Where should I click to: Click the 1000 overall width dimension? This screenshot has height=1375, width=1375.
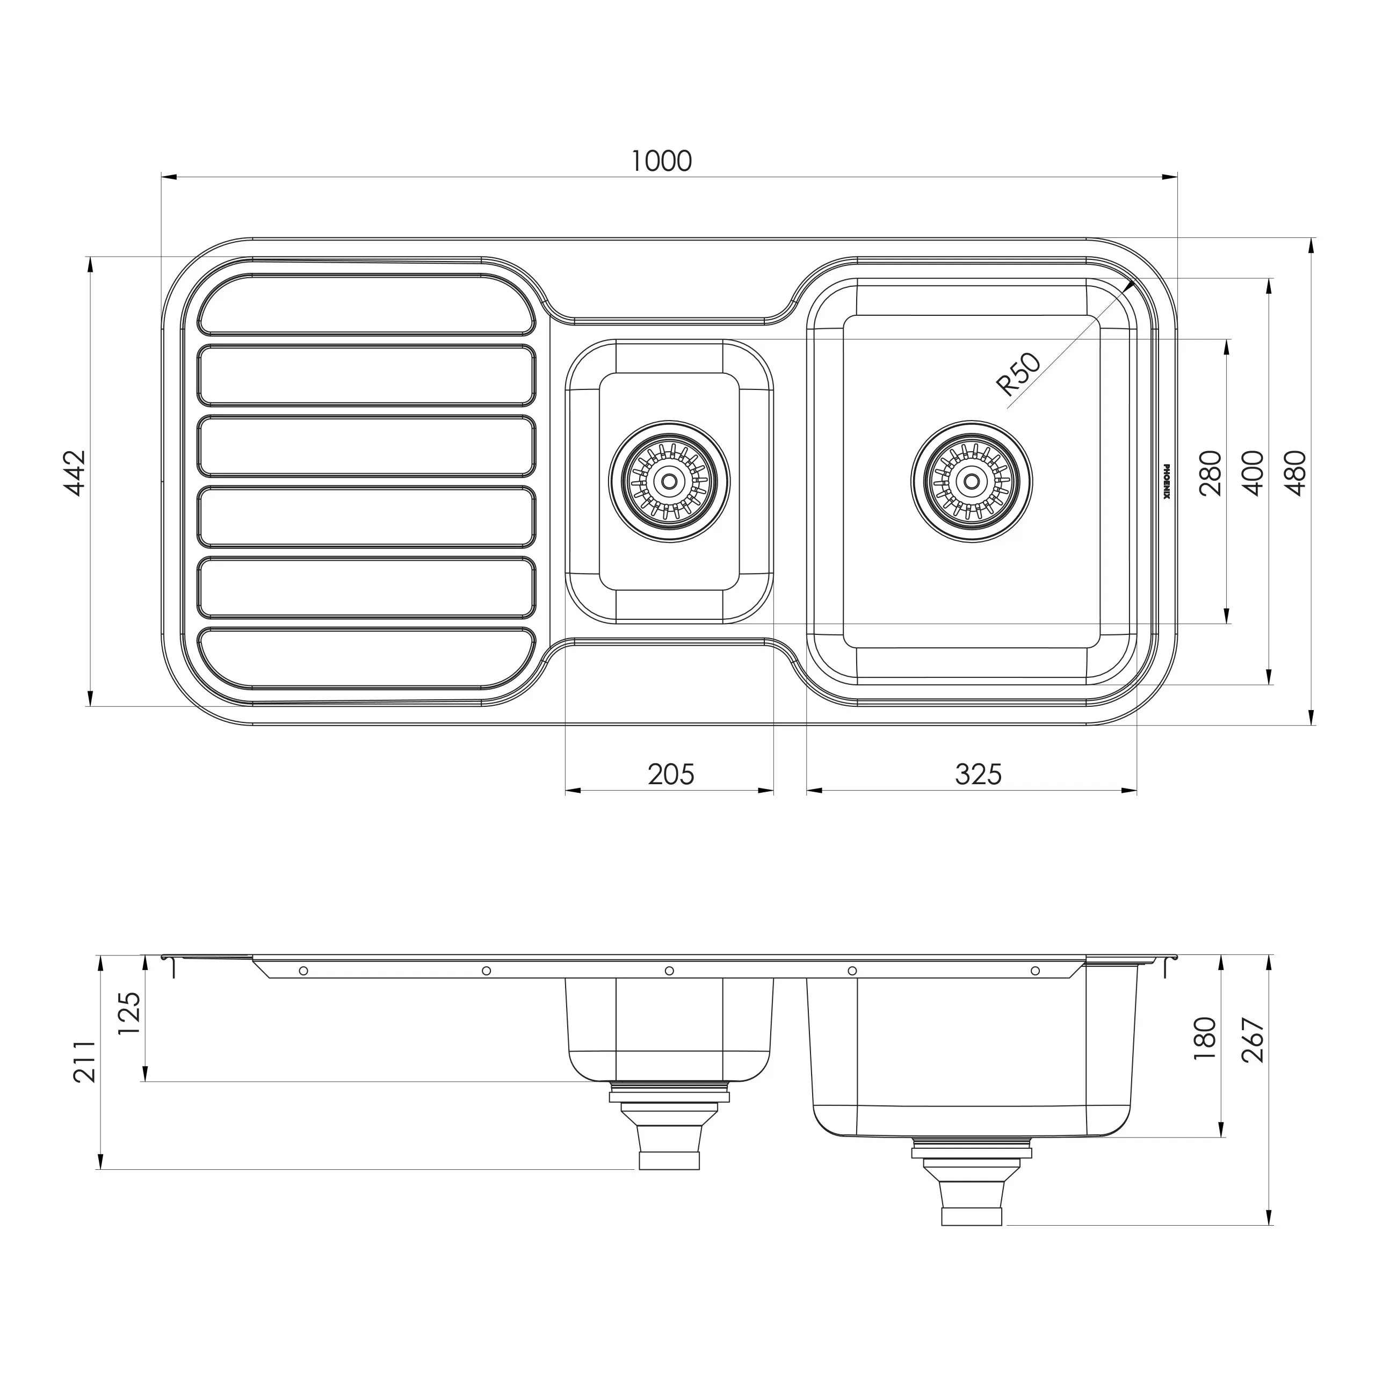pyautogui.click(x=661, y=162)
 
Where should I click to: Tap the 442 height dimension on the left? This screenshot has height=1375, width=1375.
pyautogui.click(x=75, y=473)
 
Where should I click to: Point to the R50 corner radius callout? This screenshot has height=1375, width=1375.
pyautogui.click(x=1019, y=374)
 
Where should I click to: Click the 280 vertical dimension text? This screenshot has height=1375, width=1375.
pyautogui.click(x=1210, y=473)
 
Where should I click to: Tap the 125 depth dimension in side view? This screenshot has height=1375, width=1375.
pyautogui.click(x=129, y=1014)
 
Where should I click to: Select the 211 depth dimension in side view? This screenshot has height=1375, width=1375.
pyautogui.click(x=85, y=1061)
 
